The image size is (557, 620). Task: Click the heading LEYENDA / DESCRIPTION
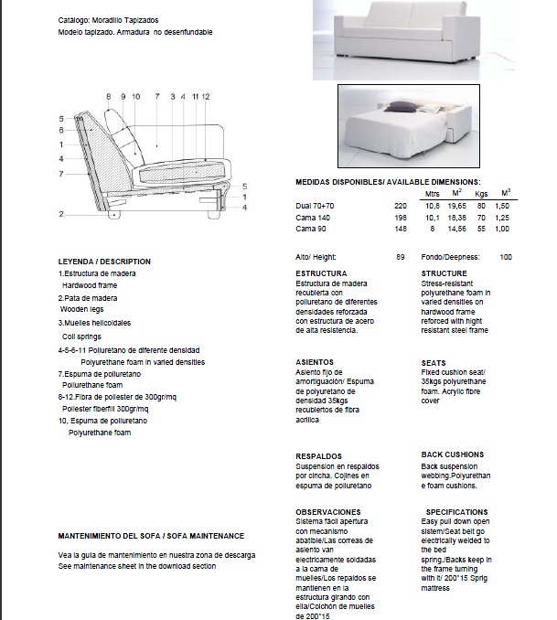(104, 262)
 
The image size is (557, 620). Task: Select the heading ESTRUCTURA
(321, 273)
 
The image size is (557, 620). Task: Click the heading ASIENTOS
(316, 363)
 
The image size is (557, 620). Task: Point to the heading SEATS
(434, 363)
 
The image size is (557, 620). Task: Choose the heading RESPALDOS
(318, 455)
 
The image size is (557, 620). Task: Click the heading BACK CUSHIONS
(452, 454)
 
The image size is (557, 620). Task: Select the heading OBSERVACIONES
(327, 512)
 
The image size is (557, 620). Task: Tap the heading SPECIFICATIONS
(456, 512)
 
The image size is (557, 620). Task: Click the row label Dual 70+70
(316, 206)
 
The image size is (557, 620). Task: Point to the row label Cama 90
(310, 229)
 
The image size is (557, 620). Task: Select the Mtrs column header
(434, 194)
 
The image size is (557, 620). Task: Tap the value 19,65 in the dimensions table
(456, 206)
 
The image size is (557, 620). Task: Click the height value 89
(400, 257)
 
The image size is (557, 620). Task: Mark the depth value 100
(506, 257)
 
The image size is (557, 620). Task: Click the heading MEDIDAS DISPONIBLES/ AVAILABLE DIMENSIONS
(388, 183)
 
